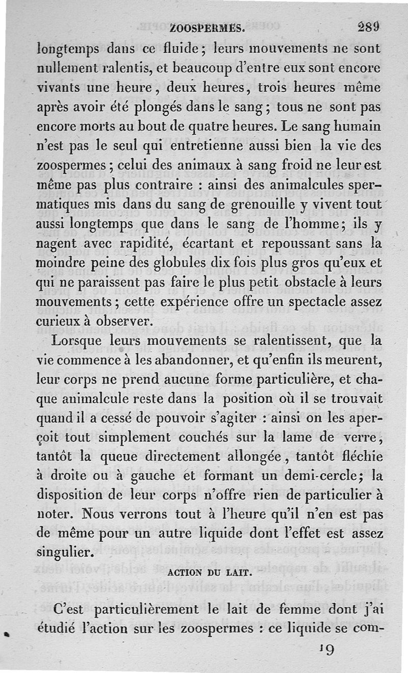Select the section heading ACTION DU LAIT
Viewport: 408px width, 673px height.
(x=210, y=572)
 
